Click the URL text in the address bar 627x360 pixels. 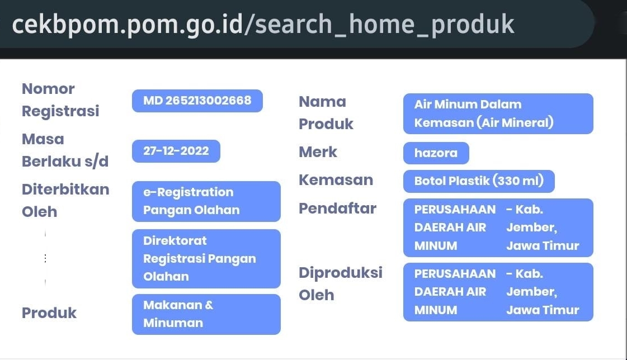[263, 25]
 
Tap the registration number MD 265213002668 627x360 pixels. [197, 101]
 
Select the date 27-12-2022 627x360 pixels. [176, 151]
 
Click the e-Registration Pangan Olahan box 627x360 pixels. [206, 201]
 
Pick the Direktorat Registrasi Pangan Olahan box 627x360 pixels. [206, 258]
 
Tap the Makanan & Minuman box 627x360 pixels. [206, 314]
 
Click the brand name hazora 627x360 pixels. [436, 153]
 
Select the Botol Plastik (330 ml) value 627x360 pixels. [479, 181]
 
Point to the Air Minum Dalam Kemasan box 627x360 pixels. [498, 113]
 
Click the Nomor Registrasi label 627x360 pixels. [60, 100]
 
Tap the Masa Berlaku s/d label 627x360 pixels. [65, 150]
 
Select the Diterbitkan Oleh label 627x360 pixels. [65, 201]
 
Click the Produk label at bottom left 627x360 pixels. [49, 313]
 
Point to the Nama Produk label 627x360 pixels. [326, 113]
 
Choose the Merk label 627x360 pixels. [318, 152]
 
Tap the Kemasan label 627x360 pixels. [336, 180]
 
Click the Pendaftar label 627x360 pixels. [337, 208]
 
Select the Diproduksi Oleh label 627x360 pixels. [341, 283]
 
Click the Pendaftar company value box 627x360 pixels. [498, 228]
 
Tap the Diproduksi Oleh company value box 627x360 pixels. [498, 292]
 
